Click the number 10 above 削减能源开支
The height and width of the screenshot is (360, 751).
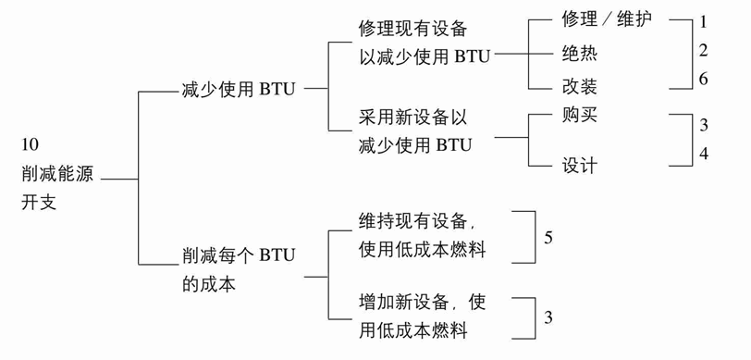(31, 145)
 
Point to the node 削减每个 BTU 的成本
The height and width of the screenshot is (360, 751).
(239, 269)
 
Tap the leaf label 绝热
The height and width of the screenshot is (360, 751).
(580, 53)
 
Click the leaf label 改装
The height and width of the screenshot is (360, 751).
(580, 87)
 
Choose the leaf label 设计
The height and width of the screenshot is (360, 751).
(580, 166)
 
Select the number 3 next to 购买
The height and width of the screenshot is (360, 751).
(704, 125)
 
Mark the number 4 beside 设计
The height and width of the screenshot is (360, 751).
(704, 154)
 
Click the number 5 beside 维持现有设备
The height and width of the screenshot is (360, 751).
(548, 238)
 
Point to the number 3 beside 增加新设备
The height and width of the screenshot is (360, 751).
(548, 317)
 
